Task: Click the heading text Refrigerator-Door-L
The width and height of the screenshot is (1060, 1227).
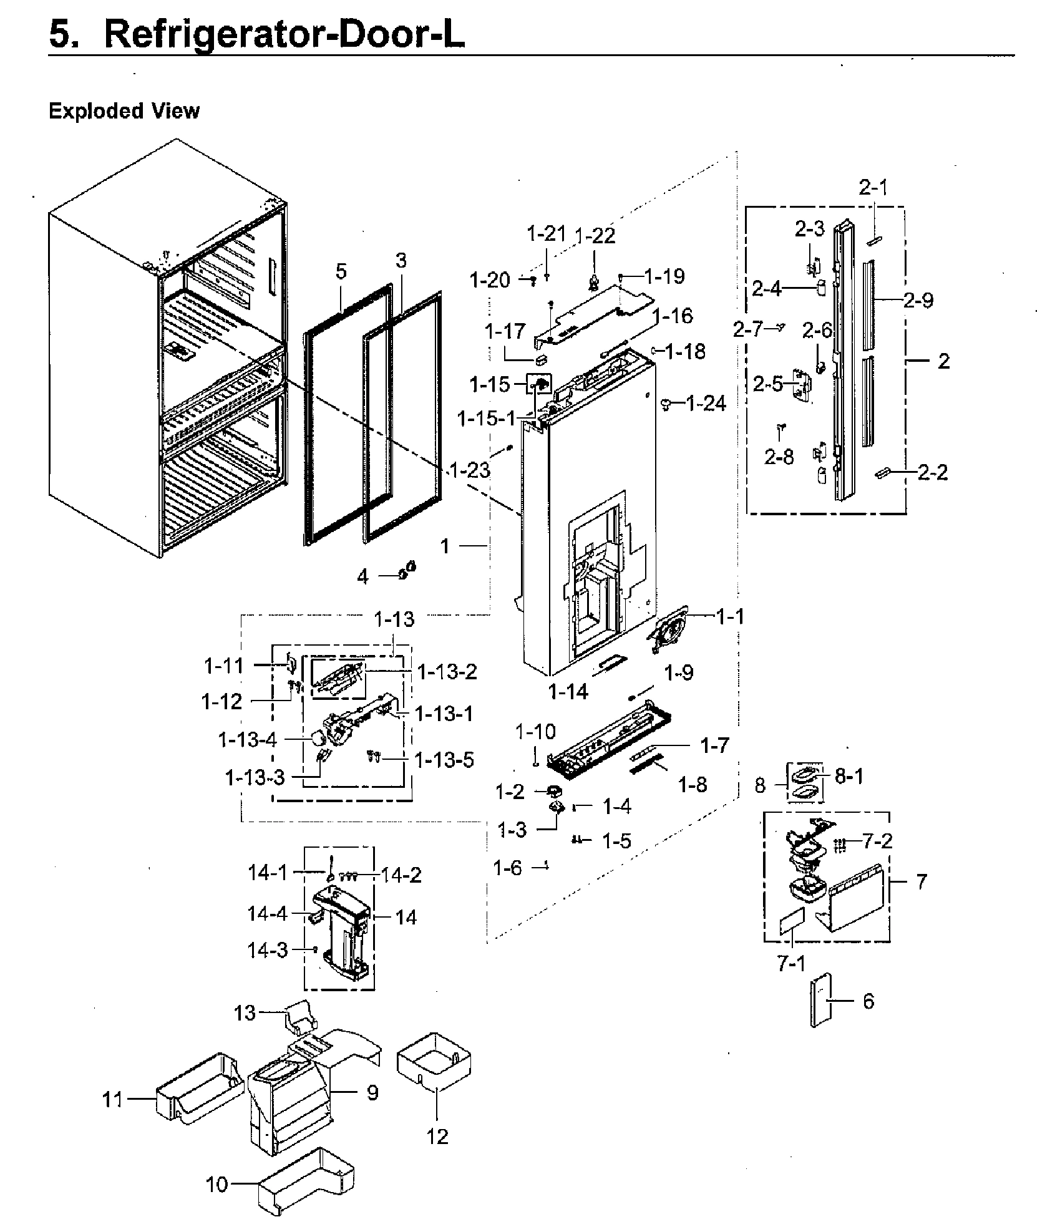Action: [284, 34]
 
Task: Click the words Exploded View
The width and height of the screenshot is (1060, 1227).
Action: [124, 111]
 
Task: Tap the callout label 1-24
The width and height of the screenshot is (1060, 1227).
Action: [706, 404]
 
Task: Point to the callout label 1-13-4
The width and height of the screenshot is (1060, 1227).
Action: [247, 740]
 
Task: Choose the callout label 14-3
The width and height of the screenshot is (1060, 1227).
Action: [268, 950]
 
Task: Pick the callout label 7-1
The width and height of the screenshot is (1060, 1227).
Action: [791, 964]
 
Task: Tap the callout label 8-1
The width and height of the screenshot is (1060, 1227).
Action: [848, 777]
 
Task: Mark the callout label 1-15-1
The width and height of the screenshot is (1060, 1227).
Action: [487, 418]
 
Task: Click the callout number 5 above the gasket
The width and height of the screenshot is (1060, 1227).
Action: [341, 271]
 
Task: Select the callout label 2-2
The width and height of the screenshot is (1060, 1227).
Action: [933, 472]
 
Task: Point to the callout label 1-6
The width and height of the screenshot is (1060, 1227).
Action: [507, 867]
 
